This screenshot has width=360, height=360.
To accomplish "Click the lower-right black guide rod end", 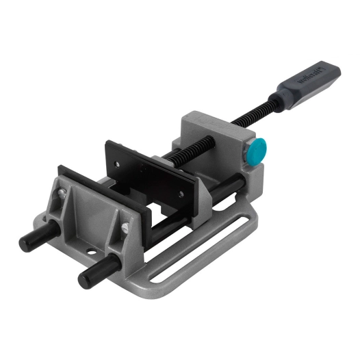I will tap(90, 277).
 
